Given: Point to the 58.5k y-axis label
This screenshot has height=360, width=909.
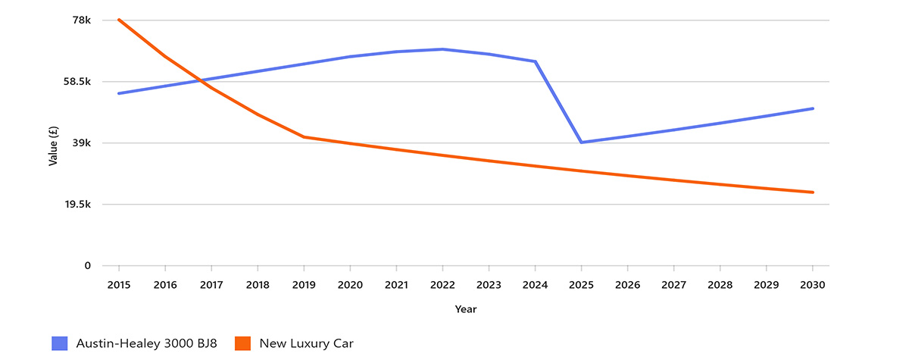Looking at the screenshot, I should click(x=77, y=81).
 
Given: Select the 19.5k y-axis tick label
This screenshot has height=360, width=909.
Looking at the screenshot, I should click(x=77, y=205).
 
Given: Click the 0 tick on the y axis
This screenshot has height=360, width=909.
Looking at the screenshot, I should click(x=88, y=266).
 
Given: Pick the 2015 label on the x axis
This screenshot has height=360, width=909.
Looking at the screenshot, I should click(x=119, y=286).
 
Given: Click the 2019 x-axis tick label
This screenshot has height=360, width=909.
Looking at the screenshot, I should click(x=304, y=286).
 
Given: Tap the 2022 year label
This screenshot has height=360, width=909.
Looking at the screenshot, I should click(x=442, y=286).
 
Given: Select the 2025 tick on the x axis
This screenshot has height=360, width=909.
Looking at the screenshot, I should click(x=581, y=286).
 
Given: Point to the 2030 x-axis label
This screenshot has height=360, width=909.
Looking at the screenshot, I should click(x=812, y=286).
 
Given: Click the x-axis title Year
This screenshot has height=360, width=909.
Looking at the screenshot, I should click(x=466, y=309).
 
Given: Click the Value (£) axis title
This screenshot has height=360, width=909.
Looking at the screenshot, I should click(x=54, y=144).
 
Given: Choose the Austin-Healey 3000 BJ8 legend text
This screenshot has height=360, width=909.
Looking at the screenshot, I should click(x=147, y=344).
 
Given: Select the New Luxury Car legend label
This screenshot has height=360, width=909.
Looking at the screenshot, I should click(x=306, y=344).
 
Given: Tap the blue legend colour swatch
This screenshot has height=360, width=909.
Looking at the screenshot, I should click(x=60, y=344).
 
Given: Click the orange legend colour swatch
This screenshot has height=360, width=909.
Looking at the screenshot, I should click(x=243, y=344).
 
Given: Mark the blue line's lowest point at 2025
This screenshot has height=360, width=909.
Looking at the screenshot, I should click(x=581, y=142).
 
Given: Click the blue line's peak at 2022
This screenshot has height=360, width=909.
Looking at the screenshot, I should click(x=442, y=49).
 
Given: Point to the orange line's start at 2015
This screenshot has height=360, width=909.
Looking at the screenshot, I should click(x=119, y=20).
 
